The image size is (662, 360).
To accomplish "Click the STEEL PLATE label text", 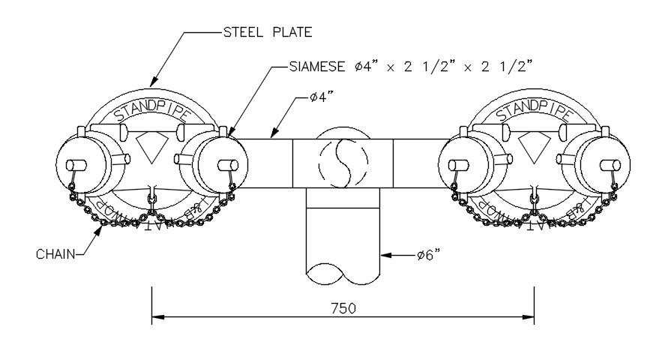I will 268,32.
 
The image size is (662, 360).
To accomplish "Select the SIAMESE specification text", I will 411,66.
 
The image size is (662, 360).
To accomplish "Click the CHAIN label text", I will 55,254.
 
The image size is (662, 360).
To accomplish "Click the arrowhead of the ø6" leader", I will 385,255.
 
